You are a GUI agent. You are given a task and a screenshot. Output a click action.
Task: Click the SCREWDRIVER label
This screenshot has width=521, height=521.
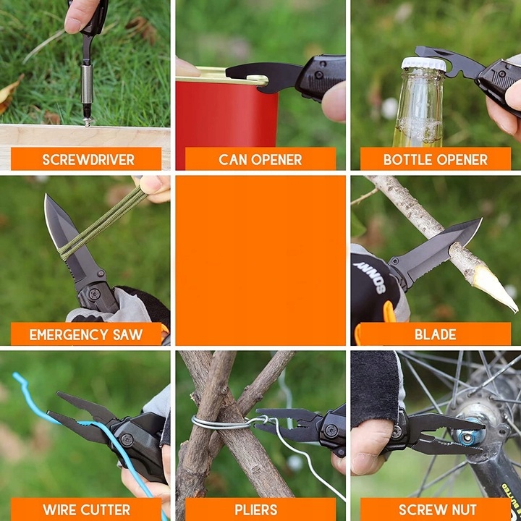88,160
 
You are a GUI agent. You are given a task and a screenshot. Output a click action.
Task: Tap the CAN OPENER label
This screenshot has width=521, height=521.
260,160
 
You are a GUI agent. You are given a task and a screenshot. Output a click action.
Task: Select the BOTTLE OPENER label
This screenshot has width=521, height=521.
436,160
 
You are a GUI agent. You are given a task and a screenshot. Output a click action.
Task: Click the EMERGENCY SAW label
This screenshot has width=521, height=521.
85,334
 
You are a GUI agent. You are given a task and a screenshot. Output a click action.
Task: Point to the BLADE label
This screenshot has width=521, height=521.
436,334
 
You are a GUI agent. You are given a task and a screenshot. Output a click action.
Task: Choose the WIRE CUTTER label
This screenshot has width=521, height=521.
86,509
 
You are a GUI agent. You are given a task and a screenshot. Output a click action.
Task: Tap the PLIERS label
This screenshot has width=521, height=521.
256,509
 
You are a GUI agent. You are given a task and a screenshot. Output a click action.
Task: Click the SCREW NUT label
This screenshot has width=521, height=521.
438,509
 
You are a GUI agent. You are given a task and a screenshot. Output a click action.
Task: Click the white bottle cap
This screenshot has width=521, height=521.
423,64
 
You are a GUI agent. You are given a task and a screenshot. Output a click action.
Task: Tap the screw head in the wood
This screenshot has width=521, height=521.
88,122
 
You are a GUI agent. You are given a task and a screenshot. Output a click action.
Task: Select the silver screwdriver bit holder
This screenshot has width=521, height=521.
87,85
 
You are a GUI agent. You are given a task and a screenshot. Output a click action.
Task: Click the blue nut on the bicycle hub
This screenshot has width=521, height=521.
469,436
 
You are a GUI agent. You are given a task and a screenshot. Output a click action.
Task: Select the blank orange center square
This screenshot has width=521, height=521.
260,260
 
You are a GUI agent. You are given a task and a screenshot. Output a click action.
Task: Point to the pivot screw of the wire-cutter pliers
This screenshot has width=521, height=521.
127,440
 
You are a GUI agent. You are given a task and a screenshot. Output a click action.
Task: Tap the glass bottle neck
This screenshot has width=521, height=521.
419,100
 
